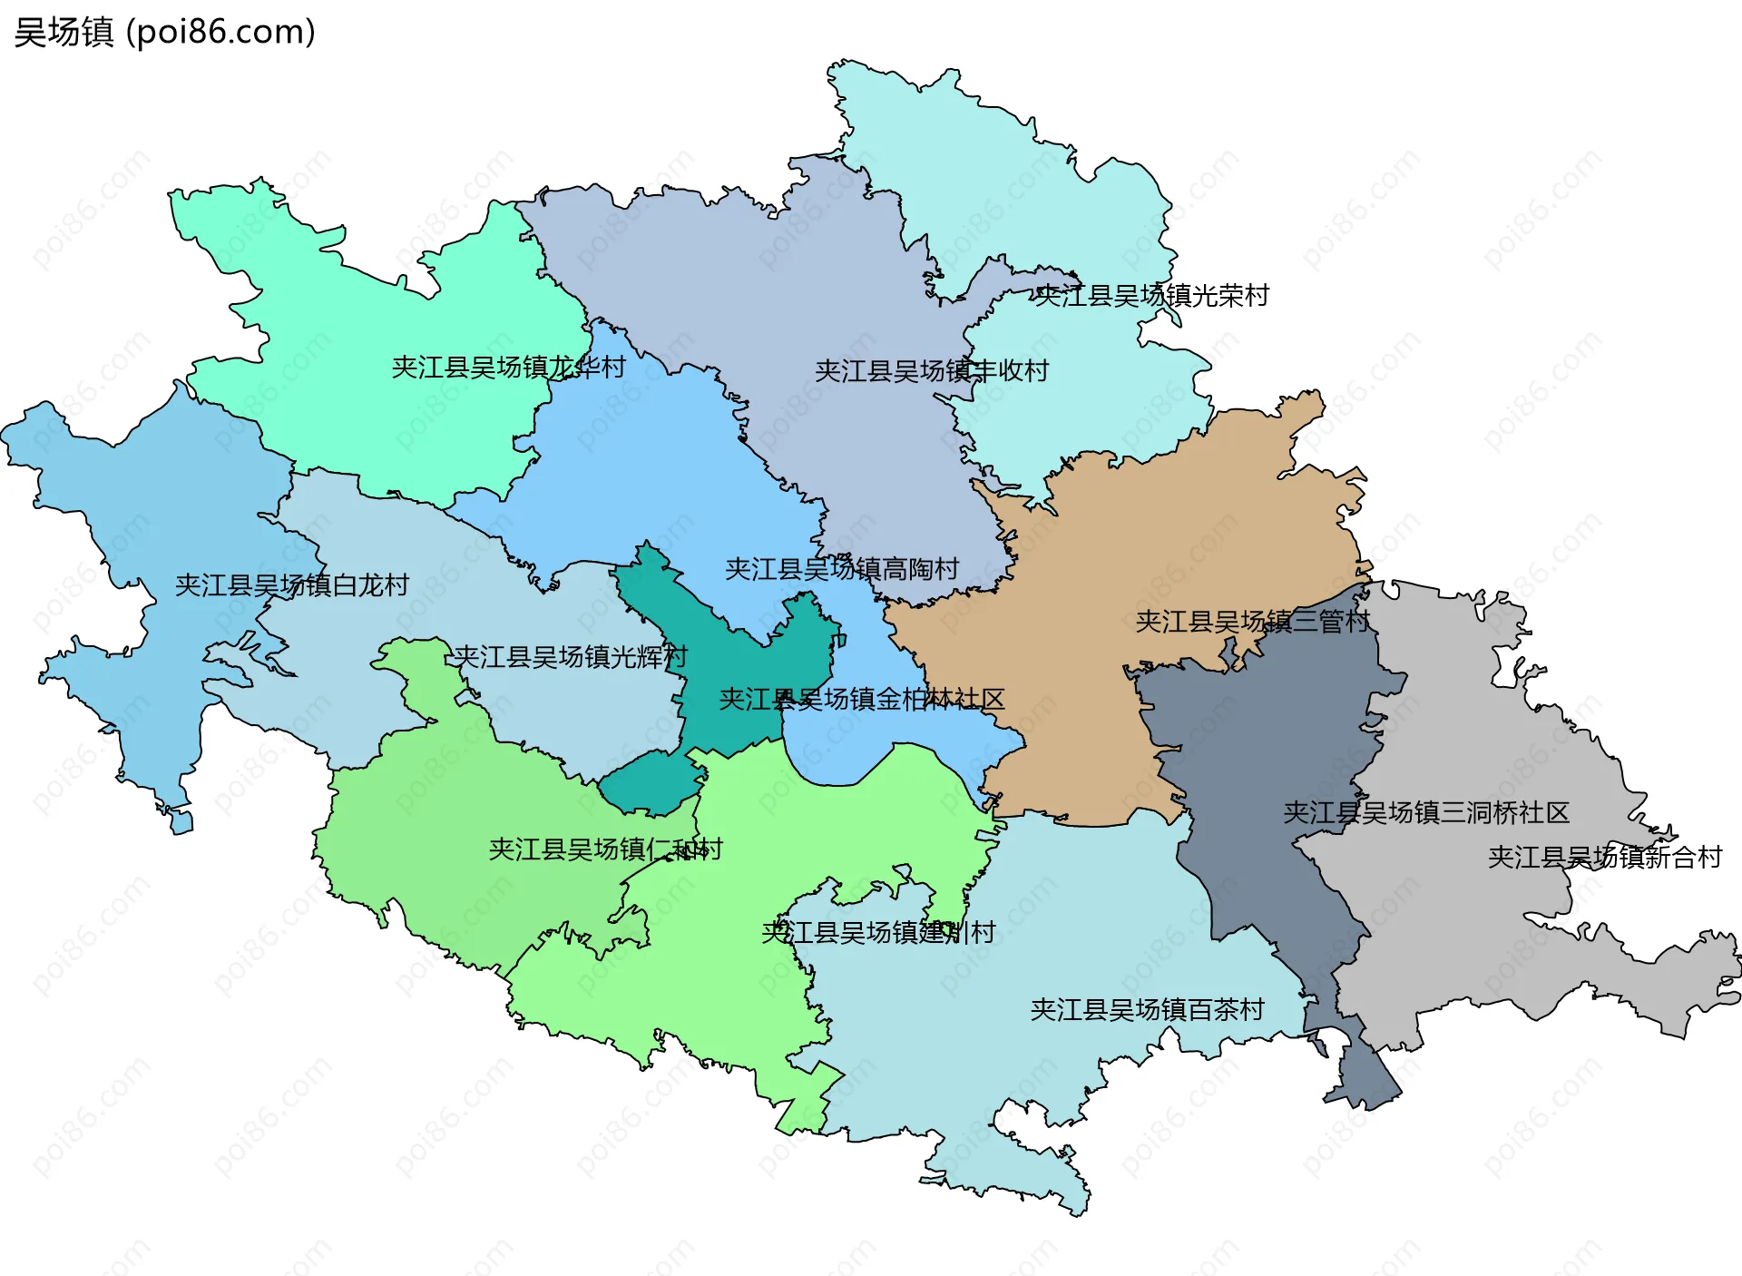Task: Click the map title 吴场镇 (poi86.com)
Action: click(x=164, y=32)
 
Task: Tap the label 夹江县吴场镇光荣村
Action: click(x=1151, y=296)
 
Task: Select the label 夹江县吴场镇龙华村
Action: click(x=508, y=368)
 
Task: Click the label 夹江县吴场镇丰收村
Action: click(x=932, y=371)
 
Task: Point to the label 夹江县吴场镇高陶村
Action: click(x=842, y=569)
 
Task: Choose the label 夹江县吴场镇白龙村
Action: click(x=291, y=585)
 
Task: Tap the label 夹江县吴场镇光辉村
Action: click(x=571, y=656)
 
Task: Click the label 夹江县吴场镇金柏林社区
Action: click(x=861, y=699)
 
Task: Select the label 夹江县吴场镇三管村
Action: click(x=1252, y=622)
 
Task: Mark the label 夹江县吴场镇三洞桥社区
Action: click(x=1425, y=812)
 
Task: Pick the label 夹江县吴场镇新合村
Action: click(x=1604, y=857)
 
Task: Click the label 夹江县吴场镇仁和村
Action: click(x=605, y=849)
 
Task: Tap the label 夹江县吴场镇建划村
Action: click(x=878, y=932)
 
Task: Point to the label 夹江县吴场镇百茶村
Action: click(x=1147, y=1009)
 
